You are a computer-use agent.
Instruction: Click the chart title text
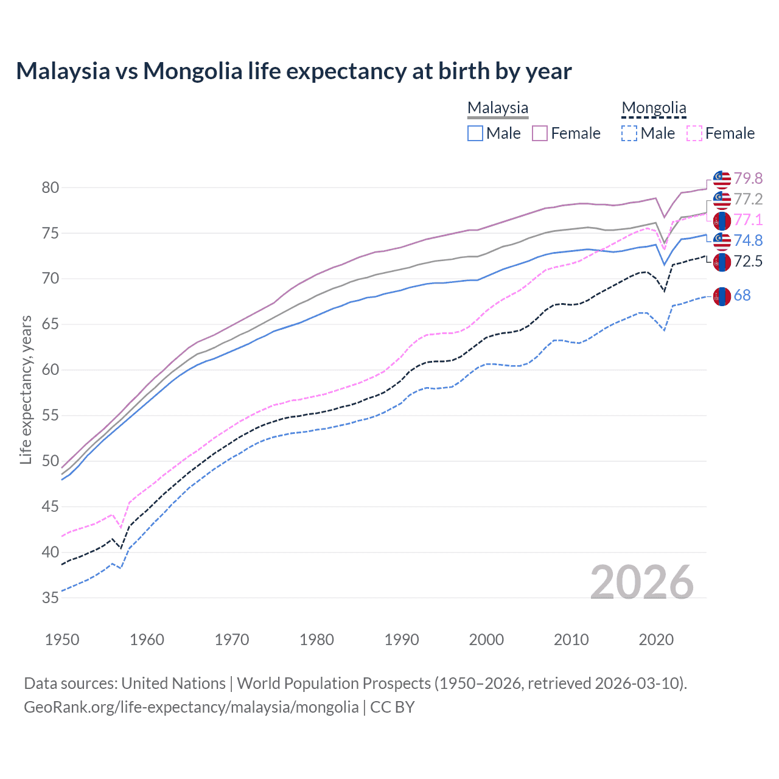point(294,71)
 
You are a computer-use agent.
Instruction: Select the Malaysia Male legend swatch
point(475,133)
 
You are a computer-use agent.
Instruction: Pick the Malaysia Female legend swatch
point(540,133)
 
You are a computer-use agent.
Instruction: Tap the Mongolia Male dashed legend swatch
point(630,133)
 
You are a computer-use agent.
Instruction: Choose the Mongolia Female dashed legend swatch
point(694,133)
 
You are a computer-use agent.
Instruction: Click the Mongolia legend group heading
point(654,108)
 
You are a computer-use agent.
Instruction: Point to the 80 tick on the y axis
point(50,187)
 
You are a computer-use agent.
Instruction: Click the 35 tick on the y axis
point(50,598)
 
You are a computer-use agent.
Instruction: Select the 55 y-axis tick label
point(50,416)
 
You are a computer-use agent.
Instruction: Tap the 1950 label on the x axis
point(62,640)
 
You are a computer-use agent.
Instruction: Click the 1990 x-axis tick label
point(402,640)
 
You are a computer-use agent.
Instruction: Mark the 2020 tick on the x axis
point(656,640)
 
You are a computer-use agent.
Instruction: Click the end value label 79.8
point(748,178)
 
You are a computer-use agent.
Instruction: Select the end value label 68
point(742,296)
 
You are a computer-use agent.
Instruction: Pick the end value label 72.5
point(748,262)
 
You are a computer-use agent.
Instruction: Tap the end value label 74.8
point(748,240)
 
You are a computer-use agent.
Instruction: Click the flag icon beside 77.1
point(722,221)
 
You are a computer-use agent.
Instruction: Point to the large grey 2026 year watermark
point(642,582)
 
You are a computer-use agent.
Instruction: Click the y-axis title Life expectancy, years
point(26,389)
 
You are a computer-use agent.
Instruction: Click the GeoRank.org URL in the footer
point(191,707)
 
